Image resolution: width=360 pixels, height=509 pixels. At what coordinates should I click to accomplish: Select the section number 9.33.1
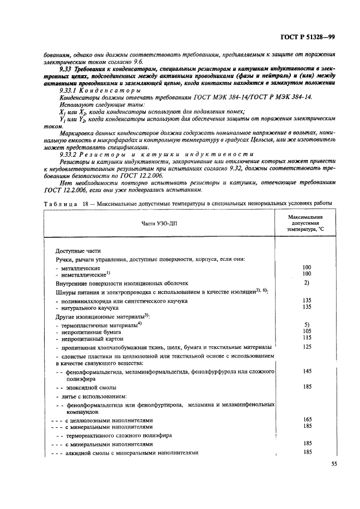pyautogui.click(x=69, y=90)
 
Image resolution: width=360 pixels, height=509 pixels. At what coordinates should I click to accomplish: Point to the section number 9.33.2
pyautogui.click(x=69, y=154)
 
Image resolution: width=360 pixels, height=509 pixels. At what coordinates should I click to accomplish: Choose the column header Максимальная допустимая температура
pyautogui.click(x=306, y=223)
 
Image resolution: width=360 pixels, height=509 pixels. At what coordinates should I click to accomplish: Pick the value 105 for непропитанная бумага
pyautogui.click(x=307, y=330)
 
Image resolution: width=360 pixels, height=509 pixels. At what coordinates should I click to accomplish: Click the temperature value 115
pyautogui.click(x=307, y=338)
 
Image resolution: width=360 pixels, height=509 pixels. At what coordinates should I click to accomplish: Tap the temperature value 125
pyautogui.click(x=307, y=346)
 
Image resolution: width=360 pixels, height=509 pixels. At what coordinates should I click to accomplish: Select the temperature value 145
pyautogui.click(x=307, y=370)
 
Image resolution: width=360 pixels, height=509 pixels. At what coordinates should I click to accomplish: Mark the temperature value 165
pyautogui.click(x=307, y=420)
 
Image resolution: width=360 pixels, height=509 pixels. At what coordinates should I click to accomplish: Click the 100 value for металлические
pyautogui.click(x=307, y=267)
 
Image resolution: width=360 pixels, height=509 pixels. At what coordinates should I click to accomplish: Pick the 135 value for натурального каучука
pyautogui.click(x=307, y=306)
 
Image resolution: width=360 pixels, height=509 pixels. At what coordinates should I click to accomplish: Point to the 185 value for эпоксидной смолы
pyautogui.click(x=307, y=386)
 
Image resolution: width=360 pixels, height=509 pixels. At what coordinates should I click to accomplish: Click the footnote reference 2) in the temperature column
pyautogui.click(x=307, y=283)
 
